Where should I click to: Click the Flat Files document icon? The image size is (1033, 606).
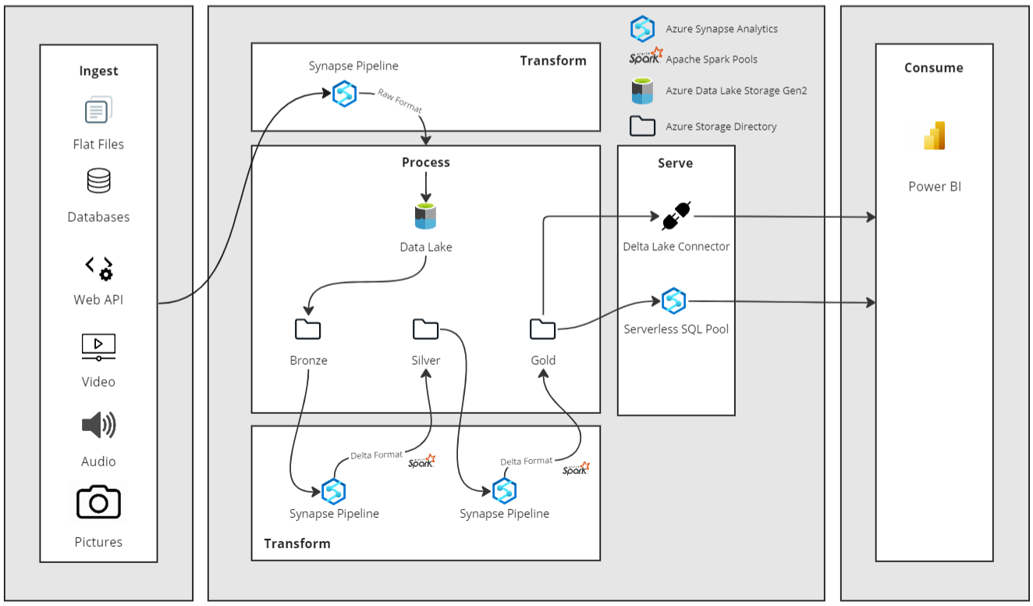[x=98, y=110]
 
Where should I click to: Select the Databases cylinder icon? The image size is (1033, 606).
[x=98, y=180]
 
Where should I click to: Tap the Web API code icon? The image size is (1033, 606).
[x=99, y=269]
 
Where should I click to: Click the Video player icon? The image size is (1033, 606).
[x=98, y=347]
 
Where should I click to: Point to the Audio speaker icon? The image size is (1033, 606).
[x=98, y=425]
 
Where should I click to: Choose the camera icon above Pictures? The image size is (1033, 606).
[x=98, y=501]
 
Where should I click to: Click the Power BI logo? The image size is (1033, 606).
[x=935, y=136]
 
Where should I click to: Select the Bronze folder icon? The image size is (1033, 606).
[x=307, y=329]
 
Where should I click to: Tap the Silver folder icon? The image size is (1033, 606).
[x=426, y=329]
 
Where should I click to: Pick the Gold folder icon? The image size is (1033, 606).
[x=543, y=329]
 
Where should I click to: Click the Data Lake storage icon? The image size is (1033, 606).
[x=425, y=216]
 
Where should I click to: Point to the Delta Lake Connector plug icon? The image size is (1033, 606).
[x=676, y=216]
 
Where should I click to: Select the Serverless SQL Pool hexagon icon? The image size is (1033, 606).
[x=674, y=301]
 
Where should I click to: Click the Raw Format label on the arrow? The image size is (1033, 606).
[x=399, y=101]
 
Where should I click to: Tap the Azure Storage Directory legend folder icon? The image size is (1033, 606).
[x=642, y=126]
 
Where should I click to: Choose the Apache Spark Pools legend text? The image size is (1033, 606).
[x=712, y=59]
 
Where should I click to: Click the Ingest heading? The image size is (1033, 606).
[x=98, y=70]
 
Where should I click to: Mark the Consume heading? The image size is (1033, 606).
[x=934, y=68]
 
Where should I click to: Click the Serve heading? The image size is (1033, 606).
[x=675, y=163]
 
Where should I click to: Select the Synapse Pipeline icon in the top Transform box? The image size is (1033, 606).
[x=345, y=94]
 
